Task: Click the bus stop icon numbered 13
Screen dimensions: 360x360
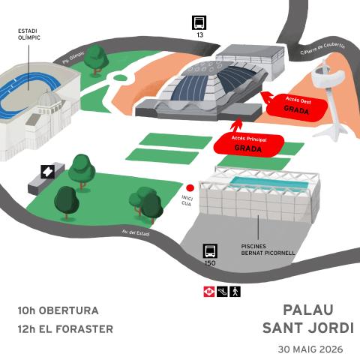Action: pyautogui.click(x=199, y=22)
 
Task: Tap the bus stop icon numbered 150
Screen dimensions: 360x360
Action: pyautogui.click(x=210, y=251)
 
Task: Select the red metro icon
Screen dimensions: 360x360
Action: pyautogui.click(x=209, y=292)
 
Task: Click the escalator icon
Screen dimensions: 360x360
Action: pyautogui.click(x=222, y=292)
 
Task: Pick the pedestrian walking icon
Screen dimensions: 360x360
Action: pyautogui.click(x=235, y=292)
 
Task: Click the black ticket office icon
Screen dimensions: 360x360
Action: pyautogui.click(x=48, y=172)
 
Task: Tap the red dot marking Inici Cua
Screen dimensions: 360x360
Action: pyautogui.click(x=190, y=187)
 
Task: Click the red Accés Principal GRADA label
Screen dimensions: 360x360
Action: pyautogui.click(x=249, y=145)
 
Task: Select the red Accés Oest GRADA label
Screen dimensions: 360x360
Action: pyautogui.click(x=297, y=106)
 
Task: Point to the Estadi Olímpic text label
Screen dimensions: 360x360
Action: pyautogui.click(x=29, y=34)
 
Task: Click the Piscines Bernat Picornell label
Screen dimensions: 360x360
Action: pyautogui.click(x=268, y=250)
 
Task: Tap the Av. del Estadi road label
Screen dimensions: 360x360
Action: pyautogui.click(x=136, y=233)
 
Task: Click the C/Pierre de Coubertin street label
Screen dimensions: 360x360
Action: pyautogui.click(x=322, y=49)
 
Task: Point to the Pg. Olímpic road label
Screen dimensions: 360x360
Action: pyautogui.click(x=73, y=58)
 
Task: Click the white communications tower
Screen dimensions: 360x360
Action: pyautogui.click(x=328, y=100)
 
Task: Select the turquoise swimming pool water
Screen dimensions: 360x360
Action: pyautogui.click(x=269, y=183)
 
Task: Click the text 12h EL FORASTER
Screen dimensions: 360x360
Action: pyautogui.click(x=65, y=329)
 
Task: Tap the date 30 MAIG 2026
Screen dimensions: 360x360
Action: pyautogui.click(x=310, y=349)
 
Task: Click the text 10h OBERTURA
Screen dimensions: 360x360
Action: pyautogui.click(x=58, y=310)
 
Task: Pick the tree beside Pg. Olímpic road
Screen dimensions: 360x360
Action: pyautogui.click(x=96, y=60)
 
